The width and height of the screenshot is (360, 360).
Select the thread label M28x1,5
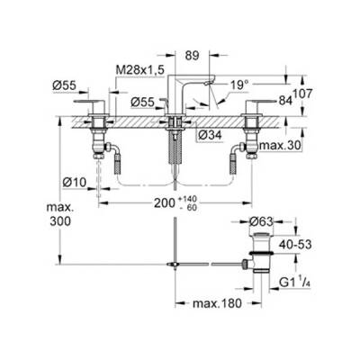pyautogui.click(x=143, y=69)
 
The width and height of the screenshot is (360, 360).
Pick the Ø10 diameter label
pyautogui.click(x=76, y=183)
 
